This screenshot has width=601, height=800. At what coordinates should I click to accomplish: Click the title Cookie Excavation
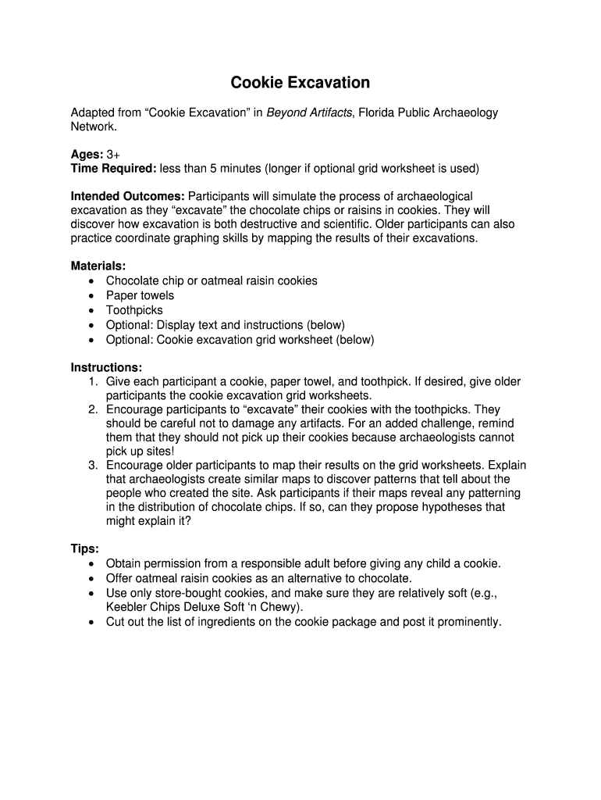(x=300, y=83)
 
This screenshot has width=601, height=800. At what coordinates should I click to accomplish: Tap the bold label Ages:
(x=87, y=154)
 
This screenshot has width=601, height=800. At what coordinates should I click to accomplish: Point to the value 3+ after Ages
(x=114, y=154)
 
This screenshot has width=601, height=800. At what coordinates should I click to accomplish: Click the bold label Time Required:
(x=114, y=168)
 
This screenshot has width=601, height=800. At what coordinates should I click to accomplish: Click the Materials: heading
(x=98, y=266)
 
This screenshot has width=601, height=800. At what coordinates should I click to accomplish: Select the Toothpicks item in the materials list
(x=134, y=310)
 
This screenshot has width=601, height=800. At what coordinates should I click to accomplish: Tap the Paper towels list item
(x=140, y=295)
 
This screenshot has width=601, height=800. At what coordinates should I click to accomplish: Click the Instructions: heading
(x=106, y=367)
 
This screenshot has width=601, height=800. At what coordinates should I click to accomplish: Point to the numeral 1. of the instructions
(x=93, y=382)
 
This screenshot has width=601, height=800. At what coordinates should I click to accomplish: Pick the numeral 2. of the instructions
(x=93, y=409)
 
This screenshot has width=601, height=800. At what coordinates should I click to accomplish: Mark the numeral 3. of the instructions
(x=93, y=466)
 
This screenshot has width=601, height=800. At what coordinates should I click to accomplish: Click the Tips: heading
(x=85, y=548)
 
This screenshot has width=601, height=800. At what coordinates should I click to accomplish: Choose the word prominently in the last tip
(x=468, y=622)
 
